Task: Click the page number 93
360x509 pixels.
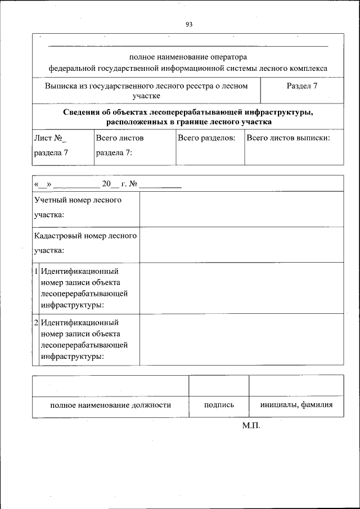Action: (188, 25)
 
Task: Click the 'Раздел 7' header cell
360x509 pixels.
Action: (302, 86)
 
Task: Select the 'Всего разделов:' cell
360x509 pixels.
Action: (206, 138)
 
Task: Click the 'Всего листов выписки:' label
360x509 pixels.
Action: (288, 138)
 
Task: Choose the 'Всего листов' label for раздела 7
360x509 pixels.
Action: (120, 138)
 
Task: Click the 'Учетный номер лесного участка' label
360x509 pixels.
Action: (78, 207)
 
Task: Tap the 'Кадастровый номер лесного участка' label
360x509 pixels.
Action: (85, 243)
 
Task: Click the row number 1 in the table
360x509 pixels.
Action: (36, 271)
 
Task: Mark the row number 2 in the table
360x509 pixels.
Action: (36, 323)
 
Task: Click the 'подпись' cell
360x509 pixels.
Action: (219, 404)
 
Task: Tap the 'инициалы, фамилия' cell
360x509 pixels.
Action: (296, 404)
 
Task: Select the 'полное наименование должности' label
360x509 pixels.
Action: (110, 404)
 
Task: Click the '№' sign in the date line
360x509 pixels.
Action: (133, 184)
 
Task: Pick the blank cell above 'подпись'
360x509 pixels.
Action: (219, 385)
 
